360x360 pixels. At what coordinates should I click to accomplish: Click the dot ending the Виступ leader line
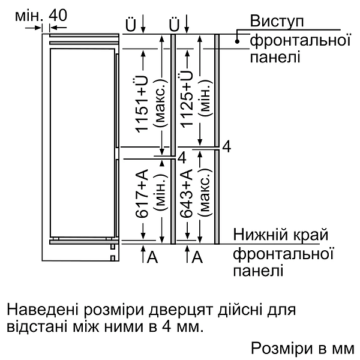pyautogui.click(x=238, y=41)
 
